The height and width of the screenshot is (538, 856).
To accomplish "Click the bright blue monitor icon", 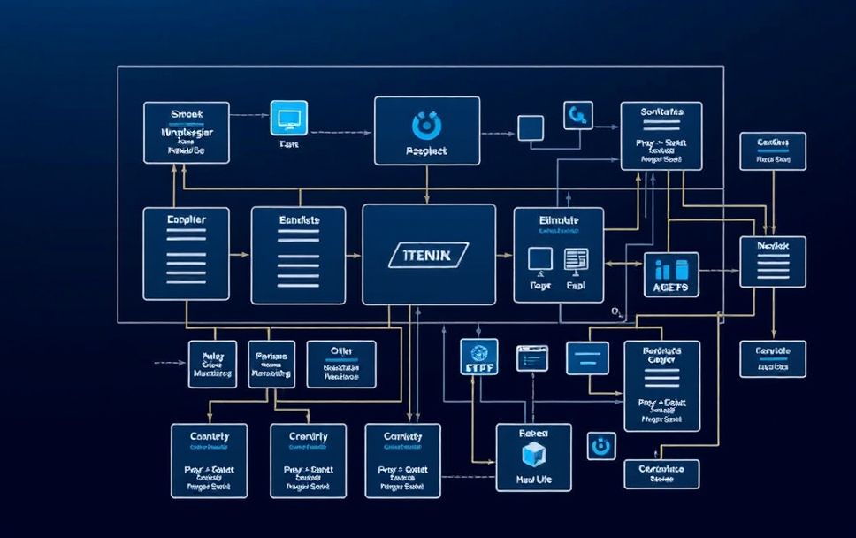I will click(x=288, y=119).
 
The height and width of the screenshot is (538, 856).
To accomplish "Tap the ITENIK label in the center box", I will click(x=428, y=255).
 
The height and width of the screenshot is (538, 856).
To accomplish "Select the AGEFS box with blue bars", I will click(x=671, y=274).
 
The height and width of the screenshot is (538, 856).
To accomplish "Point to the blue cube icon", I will click(x=532, y=453).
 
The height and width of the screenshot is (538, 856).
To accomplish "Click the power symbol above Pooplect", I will click(x=426, y=123).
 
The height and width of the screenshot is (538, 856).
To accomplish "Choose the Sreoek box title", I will click(x=186, y=113).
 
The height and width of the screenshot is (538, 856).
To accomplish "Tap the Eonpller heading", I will click(x=186, y=219).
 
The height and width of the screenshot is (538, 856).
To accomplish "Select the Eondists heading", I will click(x=298, y=219).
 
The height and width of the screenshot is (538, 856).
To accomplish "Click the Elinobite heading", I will click(x=558, y=219).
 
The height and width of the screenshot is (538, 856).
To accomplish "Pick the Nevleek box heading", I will click(x=772, y=243).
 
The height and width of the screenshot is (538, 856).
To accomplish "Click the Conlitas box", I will click(x=772, y=150).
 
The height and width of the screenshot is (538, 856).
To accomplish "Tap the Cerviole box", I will click(x=772, y=357).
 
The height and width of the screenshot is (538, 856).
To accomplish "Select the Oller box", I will click(x=340, y=363).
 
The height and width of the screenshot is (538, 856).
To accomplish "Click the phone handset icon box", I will click(x=577, y=115).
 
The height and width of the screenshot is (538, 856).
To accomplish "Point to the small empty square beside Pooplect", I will click(x=530, y=128).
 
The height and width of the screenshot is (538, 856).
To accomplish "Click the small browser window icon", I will click(x=533, y=357).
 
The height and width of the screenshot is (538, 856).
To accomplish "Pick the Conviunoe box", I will click(x=661, y=473).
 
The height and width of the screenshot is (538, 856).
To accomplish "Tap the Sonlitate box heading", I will click(x=661, y=113).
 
